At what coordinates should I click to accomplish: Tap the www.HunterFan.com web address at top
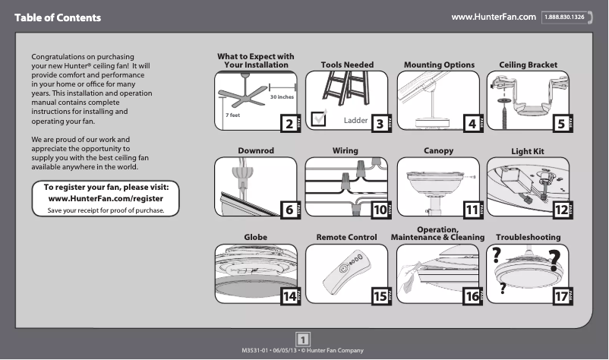click(494, 17)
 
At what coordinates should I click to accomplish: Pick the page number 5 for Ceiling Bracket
click(560, 123)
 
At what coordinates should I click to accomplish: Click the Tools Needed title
click(347, 65)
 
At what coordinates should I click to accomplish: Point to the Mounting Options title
click(439, 65)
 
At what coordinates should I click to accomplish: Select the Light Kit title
click(528, 152)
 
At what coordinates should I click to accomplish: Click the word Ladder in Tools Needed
click(355, 121)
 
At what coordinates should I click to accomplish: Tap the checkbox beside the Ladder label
click(320, 118)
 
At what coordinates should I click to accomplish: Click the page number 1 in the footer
click(303, 339)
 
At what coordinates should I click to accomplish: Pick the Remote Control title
click(346, 238)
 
